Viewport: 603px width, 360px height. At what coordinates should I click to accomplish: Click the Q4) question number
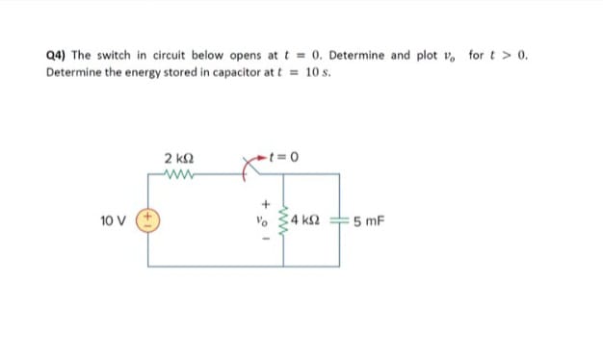point(57,55)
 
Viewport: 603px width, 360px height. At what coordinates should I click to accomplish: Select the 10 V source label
point(115,220)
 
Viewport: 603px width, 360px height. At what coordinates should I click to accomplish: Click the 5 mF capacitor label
point(368,220)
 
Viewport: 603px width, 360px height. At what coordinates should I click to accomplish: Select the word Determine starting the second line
point(74,72)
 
